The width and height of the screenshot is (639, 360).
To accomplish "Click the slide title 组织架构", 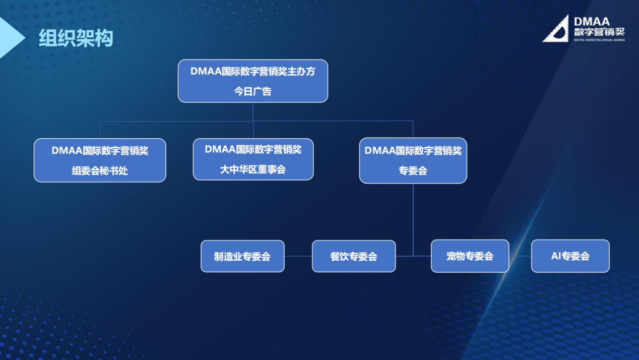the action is click(x=76, y=38).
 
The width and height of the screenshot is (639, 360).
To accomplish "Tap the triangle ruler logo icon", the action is click(x=556, y=29).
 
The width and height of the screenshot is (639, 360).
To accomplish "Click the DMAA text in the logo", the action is click(x=592, y=21).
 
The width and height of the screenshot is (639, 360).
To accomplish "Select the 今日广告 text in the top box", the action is click(x=253, y=91).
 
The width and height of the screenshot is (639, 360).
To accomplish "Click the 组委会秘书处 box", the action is click(x=100, y=160).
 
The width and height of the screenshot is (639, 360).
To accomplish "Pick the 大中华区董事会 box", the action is click(x=253, y=159).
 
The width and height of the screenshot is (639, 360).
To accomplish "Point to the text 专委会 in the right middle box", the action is click(x=413, y=171).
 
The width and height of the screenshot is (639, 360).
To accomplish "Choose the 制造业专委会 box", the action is click(x=242, y=256).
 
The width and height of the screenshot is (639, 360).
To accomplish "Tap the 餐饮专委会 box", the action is click(x=354, y=256).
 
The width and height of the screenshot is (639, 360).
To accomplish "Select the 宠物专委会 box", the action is click(x=470, y=256).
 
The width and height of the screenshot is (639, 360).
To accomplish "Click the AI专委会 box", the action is click(x=570, y=256).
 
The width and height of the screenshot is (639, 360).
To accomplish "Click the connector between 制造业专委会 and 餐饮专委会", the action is click(x=298, y=256).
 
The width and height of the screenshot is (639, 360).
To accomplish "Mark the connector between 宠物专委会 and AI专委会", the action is click(x=520, y=256).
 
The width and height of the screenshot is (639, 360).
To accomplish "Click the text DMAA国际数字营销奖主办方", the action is click(x=253, y=72).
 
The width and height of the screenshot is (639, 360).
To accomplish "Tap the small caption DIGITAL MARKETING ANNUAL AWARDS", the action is click(x=599, y=40).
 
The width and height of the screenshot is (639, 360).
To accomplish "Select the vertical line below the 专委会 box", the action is click(x=413, y=219).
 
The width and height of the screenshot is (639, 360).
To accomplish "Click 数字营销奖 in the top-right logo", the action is click(x=599, y=32).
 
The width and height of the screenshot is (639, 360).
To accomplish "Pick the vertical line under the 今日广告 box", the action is click(x=253, y=112).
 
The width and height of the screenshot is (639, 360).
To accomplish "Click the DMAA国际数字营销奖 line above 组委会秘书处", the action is click(x=100, y=150).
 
